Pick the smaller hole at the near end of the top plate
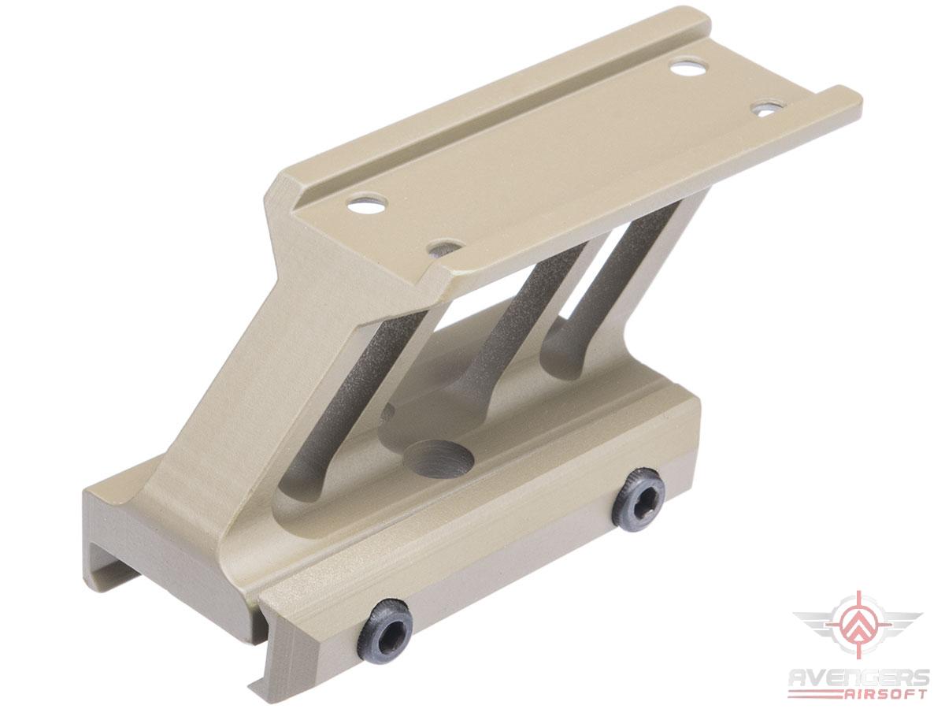pos(443,249)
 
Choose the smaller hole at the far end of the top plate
pos(767,108)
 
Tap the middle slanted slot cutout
pos(504,331)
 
